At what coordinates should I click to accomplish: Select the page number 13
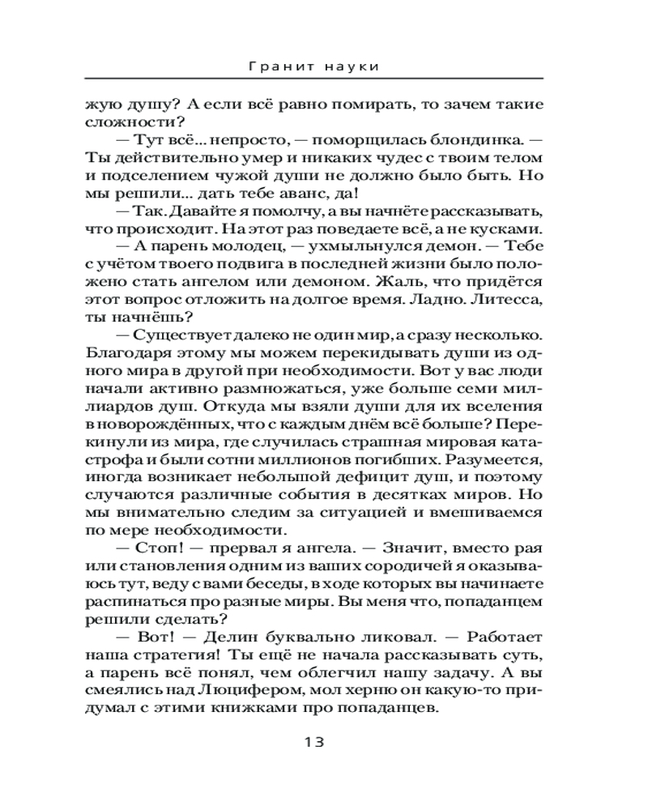313,741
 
